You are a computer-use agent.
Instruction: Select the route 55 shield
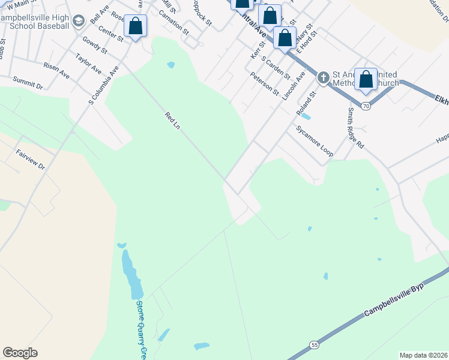pyautogui.click(x=315, y=344)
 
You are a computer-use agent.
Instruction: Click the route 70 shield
pyautogui.click(x=366, y=106)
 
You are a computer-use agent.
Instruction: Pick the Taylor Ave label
pyautogui.click(x=88, y=63)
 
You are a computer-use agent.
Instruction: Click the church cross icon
pyautogui.click(x=323, y=77)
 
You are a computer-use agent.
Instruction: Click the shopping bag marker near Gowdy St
pyautogui.click(x=136, y=26)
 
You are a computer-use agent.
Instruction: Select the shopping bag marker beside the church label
pyautogui.click(x=366, y=79)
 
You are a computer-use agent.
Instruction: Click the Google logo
pyautogui.click(x=20, y=353)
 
